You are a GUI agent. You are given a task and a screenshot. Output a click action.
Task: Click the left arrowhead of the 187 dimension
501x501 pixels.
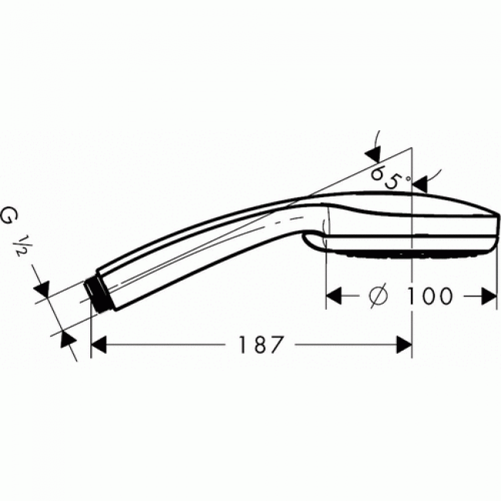click(x=99, y=346)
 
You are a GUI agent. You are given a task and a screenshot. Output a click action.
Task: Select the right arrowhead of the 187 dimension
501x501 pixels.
click(x=404, y=346)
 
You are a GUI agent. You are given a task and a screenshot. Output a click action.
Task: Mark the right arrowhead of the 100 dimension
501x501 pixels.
click(x=489, y=296)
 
